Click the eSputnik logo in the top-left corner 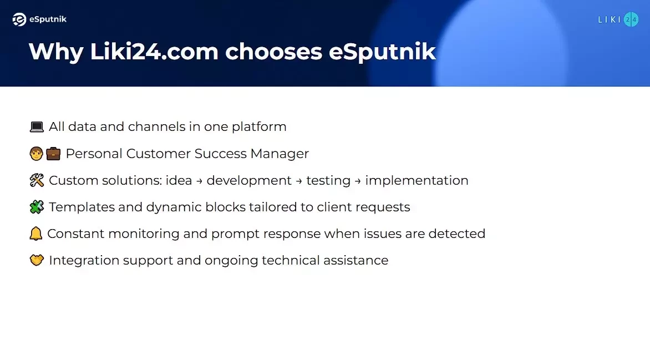[x=39, y=19]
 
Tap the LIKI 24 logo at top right [x=618, y=19]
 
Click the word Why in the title [x=56, y=52]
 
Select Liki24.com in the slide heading [x=154, y=52]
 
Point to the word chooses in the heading [x=273, y=52]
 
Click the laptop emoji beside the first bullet [x=37, y=126]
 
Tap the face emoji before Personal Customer [x=37, y=154]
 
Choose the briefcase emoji [x=53, y=154]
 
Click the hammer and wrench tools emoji [x=37, y=180]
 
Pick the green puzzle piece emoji [x=37, y=206]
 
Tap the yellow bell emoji [x=35, y=234]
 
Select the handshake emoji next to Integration [x=37, y=260]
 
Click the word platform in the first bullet [x=259, y=127]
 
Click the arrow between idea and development [x=200, y=181]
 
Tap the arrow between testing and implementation [x=358, y=181]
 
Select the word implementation [x=417, y=181]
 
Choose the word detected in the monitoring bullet [x=457, y=234]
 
